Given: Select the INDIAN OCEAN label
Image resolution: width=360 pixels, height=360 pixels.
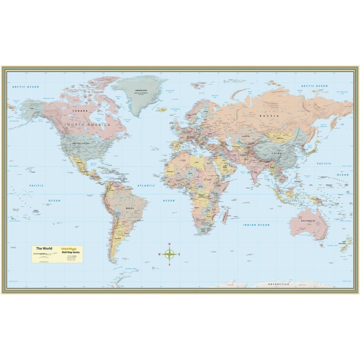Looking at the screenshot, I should [x=256, y=225].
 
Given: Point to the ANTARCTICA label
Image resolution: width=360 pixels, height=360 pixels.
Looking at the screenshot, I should [x=278, y=284].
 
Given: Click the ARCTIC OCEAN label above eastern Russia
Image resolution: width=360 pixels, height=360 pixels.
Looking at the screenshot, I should [x=314, y=86].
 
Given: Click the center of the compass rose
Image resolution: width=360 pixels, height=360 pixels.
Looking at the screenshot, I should [x=169, y=254].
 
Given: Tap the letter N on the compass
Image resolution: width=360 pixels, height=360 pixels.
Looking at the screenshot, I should [x=169, y=244].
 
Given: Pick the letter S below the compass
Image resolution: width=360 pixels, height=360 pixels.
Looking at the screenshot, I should [x=169, y=264].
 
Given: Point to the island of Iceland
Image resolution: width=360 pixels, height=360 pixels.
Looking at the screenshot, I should [x=161, y=109].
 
